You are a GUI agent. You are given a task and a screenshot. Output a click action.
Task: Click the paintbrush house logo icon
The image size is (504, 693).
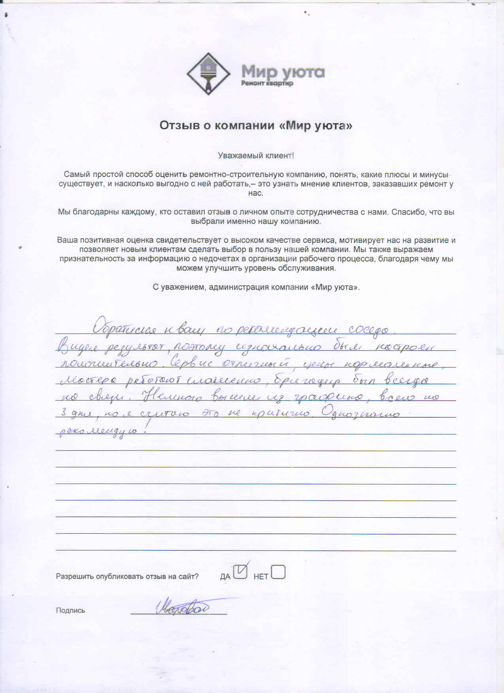click(x=208, y=74)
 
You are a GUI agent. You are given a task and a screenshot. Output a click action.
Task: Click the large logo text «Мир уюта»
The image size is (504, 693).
click(x=283, y=72)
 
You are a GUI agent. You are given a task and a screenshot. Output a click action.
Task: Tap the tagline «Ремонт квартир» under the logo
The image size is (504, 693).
click(x=267, y=83)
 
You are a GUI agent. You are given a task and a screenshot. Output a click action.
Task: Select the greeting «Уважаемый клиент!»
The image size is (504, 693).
click(x=256, y=156)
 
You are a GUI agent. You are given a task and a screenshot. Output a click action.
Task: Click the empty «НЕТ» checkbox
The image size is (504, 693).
click(x=278, y=572)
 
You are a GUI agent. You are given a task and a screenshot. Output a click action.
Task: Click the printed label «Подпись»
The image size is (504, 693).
click(x=70, y=610)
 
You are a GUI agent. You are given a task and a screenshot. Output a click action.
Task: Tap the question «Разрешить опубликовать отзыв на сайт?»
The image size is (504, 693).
click(x=127, y=576)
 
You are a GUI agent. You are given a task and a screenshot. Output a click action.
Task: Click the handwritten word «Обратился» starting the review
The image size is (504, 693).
click(x=125, y=328)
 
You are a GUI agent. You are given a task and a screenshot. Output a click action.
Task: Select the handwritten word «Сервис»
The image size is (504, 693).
click(x=191, y=363)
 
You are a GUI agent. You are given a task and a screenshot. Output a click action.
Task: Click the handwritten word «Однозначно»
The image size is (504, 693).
click(x=361, y=413)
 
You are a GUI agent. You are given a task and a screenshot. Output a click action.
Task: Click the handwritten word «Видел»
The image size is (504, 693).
click(x=79, y=347)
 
